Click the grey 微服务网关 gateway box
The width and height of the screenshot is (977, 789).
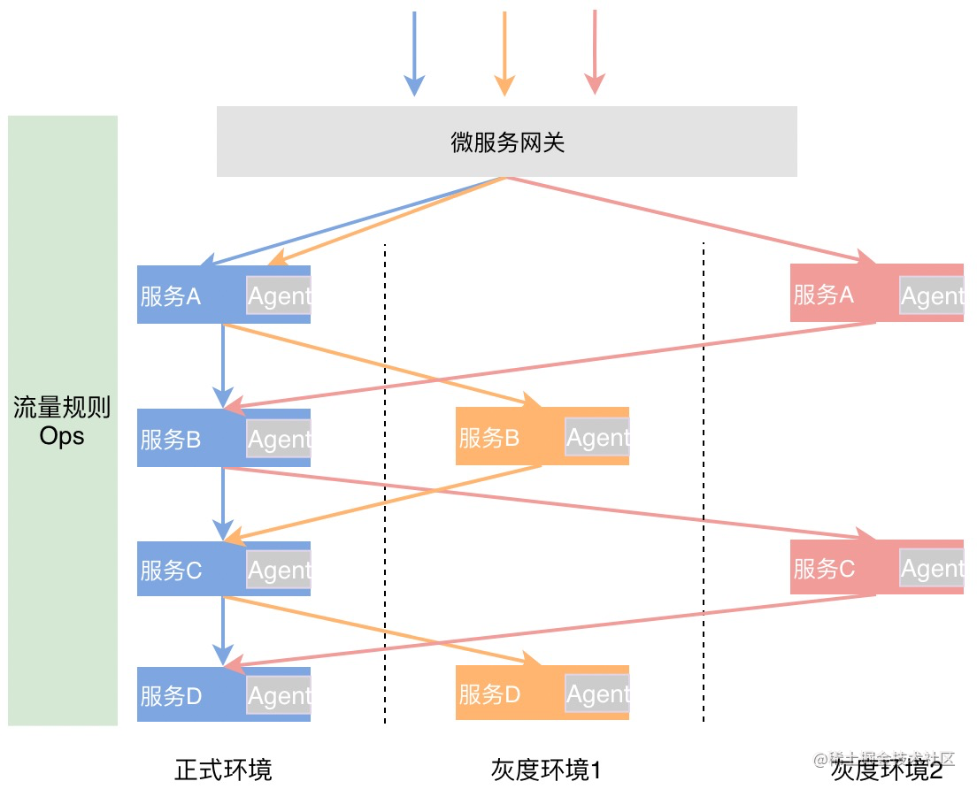click(x=506, y=142)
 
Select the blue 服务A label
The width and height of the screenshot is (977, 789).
click(x=171, y=296)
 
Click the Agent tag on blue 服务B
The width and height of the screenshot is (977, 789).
click(x=279, y=440)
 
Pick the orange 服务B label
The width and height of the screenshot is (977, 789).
click(x=489, y=438)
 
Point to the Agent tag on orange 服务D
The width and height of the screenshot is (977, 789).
click(x=597, y=695)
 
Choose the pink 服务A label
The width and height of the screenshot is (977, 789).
click(x=824, y=295)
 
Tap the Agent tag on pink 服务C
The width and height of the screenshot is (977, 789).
click(x=932, y=569)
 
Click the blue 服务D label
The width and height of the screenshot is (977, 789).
click(x=171, y=696)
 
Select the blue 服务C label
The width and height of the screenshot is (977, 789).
click(x=171, y=571)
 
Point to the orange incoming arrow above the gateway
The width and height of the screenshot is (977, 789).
click(x=504, y=53)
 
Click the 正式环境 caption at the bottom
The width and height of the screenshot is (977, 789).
click(x=223, y=769)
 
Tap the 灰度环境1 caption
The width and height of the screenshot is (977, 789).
click(x=546, y=770)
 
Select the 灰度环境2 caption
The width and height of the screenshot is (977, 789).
click(x=887, y=770)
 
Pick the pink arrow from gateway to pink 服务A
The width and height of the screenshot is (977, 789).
click(x=690, y=218)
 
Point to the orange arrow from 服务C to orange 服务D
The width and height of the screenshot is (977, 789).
click(x=381, y=631)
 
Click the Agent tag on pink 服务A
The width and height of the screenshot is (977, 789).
click(x=932, y=295)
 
